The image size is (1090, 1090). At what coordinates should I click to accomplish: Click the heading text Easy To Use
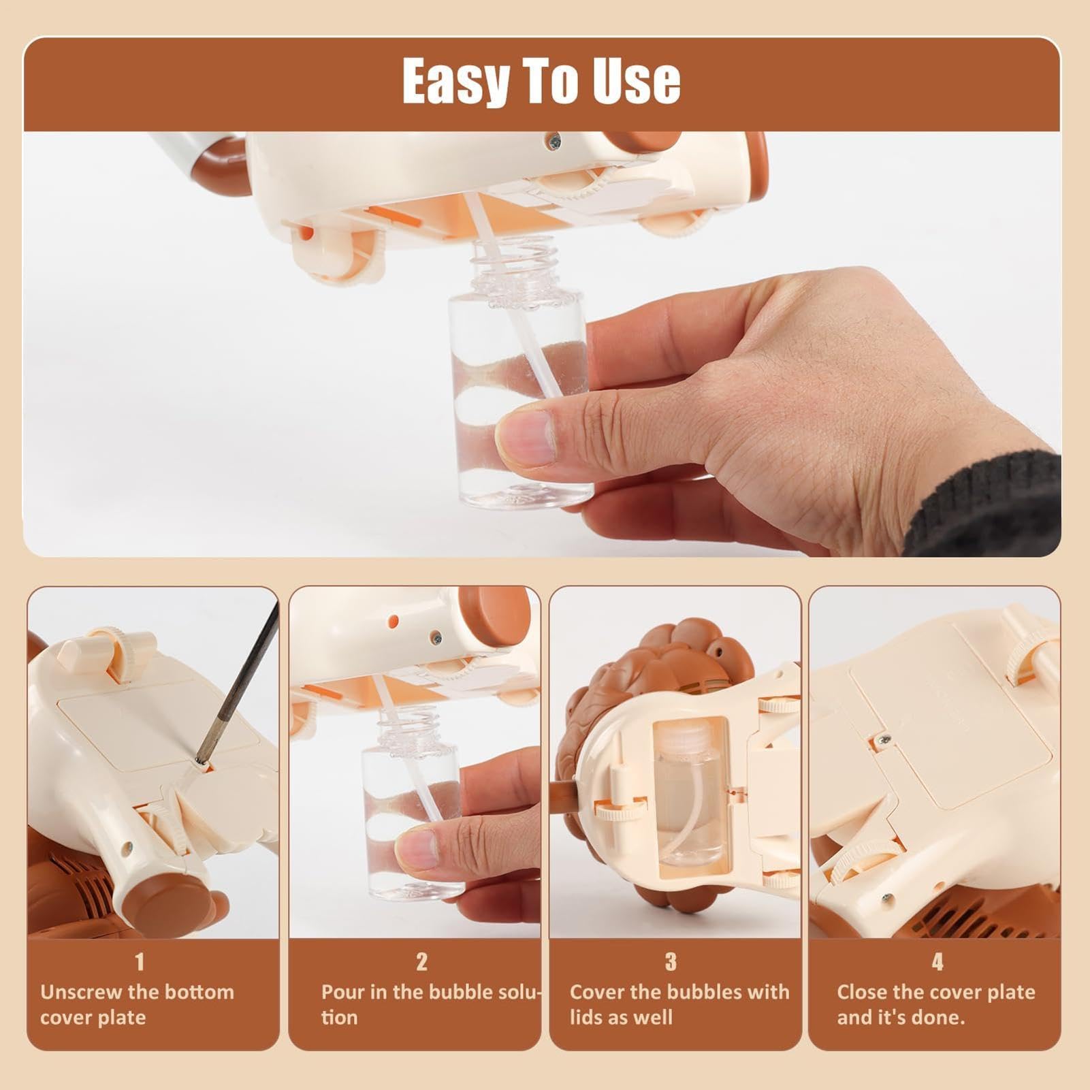[x=541, y=81]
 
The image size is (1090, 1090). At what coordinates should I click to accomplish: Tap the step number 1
[x=140, y=962]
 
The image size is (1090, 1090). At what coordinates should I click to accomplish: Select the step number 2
[x=421, y=962]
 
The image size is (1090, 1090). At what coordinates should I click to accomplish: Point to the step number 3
[x=671, y=962]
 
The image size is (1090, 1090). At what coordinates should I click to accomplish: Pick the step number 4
[x=937, y=962]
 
